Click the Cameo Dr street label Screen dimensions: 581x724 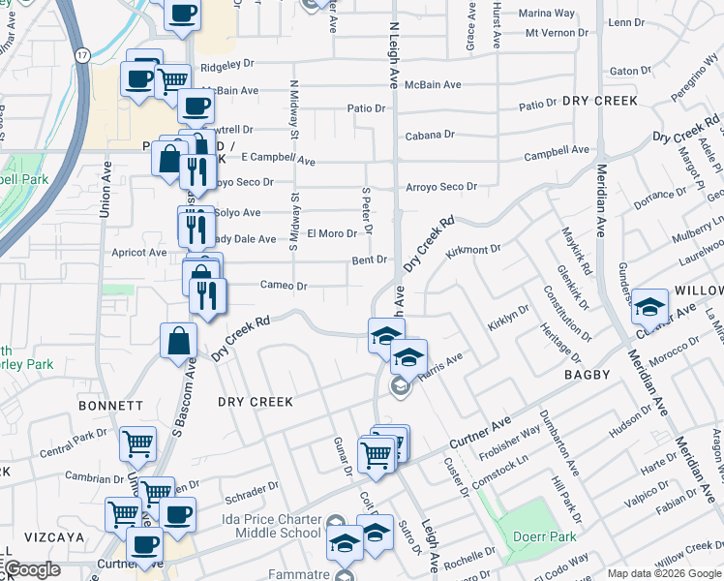pos(284,286)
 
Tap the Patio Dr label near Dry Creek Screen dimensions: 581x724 pos(537,104)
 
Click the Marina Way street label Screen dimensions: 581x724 pos(546,14)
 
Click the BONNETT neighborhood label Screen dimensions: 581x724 pos(113,406)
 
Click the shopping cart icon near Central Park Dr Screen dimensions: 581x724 pos(137,443)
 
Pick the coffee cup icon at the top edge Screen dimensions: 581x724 pos(182,13)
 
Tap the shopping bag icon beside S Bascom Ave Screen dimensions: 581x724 pos(179,341)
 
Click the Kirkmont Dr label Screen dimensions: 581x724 pos(473,250)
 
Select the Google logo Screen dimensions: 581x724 pos(33,569)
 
